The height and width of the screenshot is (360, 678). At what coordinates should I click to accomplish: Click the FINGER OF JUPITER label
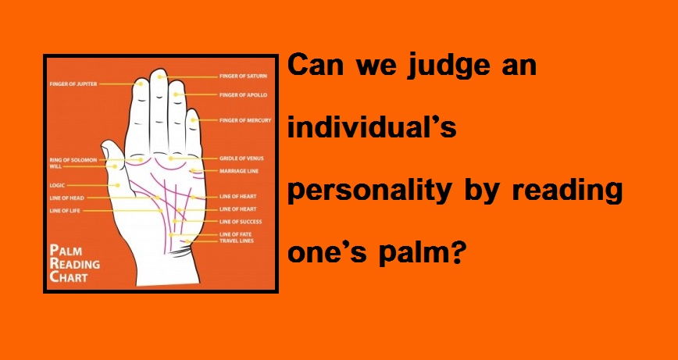tap(73, 84)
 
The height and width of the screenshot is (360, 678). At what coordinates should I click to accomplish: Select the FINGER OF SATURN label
tap(243, 76)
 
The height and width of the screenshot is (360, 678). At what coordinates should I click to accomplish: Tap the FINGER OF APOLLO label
tap(243, 94)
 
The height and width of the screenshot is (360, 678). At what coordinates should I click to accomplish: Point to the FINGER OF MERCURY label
tap(245, 120)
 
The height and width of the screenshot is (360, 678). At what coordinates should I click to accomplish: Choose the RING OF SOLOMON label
tap(73, 160)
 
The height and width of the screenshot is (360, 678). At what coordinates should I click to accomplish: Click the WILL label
tap(55, 166)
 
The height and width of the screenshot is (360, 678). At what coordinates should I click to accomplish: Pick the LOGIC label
tap(57, 185)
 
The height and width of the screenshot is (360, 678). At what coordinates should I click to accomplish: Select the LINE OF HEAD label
tap(67, 198)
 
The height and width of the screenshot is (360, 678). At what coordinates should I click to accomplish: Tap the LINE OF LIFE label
tap(65, 211)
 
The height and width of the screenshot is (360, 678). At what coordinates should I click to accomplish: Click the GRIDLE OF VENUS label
tap(241, 159)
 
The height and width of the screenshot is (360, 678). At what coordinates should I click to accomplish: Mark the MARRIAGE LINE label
tap(239, 171)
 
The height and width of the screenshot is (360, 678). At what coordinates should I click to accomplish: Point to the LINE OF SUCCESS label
tap(241, 222)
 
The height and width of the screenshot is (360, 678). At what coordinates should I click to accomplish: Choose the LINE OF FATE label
tap(236, 234)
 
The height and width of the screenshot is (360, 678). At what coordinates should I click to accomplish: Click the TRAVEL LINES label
tap(237, 241)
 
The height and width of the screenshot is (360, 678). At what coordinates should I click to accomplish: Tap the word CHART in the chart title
tap(69, 276)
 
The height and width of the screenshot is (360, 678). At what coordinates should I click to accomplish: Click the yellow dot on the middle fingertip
tap(159, 77)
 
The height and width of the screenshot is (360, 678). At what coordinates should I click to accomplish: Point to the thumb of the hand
tap(114, 166)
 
